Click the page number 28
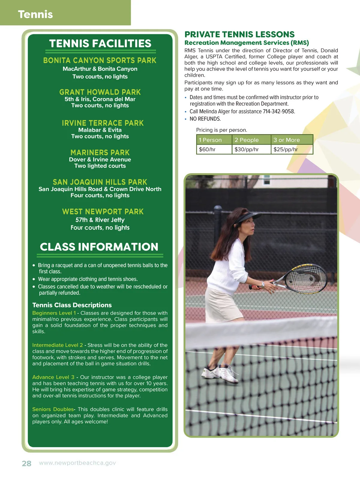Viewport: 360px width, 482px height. click(26, 463)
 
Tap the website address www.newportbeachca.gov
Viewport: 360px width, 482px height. click(77, 463)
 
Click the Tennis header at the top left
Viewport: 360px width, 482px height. click(35, 14)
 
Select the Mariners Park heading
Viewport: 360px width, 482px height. click(100, 152)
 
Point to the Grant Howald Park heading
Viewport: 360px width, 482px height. click(100, 92)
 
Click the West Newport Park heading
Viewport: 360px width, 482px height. click(103, 212)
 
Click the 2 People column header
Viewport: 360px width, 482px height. click(247, 140)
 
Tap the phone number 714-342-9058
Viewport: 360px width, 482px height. click(279, 111)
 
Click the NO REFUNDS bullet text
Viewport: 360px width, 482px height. click(205, 119)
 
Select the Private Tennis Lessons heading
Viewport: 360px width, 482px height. click(239, 34)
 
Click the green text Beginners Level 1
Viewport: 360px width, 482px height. click(54, 313)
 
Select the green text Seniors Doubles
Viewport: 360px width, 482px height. click(53, 409)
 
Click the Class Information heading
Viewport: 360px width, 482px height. click(99, 247)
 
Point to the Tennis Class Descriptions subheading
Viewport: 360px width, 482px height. click(72, 305)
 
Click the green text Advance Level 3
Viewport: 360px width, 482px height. click(53, 377)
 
